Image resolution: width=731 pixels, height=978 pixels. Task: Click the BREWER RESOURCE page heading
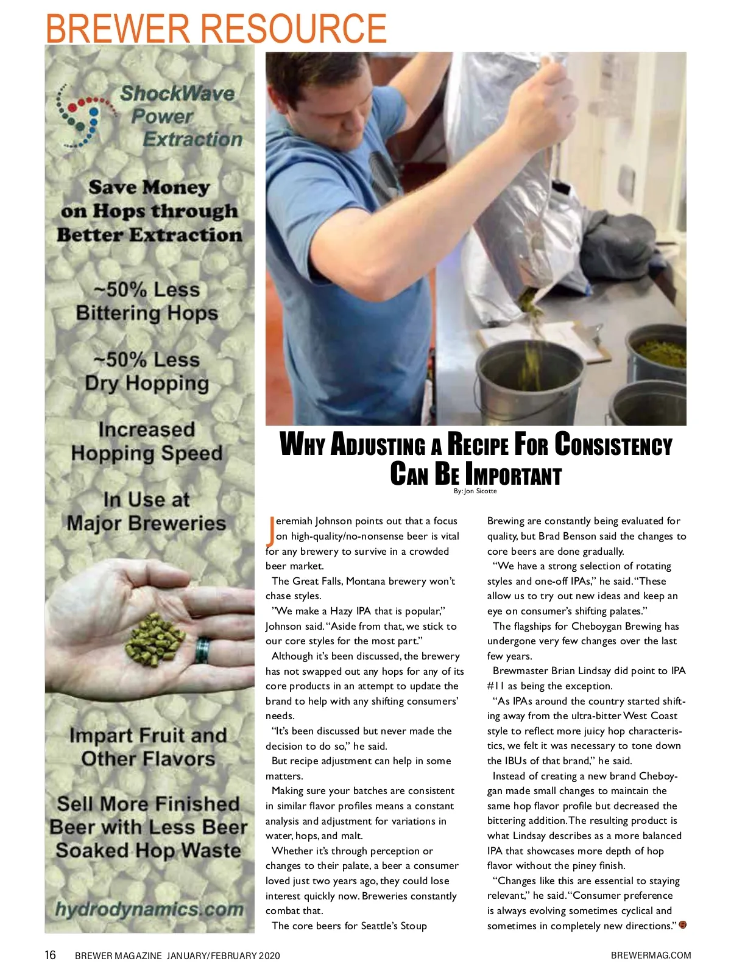(x=216, y=27)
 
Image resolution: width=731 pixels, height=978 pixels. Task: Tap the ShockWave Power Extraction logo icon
(x=85, y=116)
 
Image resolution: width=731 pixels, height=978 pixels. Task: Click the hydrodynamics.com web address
(x=149, y=909)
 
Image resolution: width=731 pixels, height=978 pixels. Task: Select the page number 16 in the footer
(x=50, y=955)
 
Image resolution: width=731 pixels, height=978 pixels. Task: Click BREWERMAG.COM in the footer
(x=651, y=955)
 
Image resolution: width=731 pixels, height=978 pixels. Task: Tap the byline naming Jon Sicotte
(x=475, y=491)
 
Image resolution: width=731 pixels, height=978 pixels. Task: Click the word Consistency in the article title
(x=613, y=445)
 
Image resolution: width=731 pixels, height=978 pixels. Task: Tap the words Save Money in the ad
(x=149, y=187)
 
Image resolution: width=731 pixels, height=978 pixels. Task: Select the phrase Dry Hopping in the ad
(x=147, y=383)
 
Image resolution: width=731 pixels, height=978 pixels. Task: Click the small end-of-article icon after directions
(x=682, y=926)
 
